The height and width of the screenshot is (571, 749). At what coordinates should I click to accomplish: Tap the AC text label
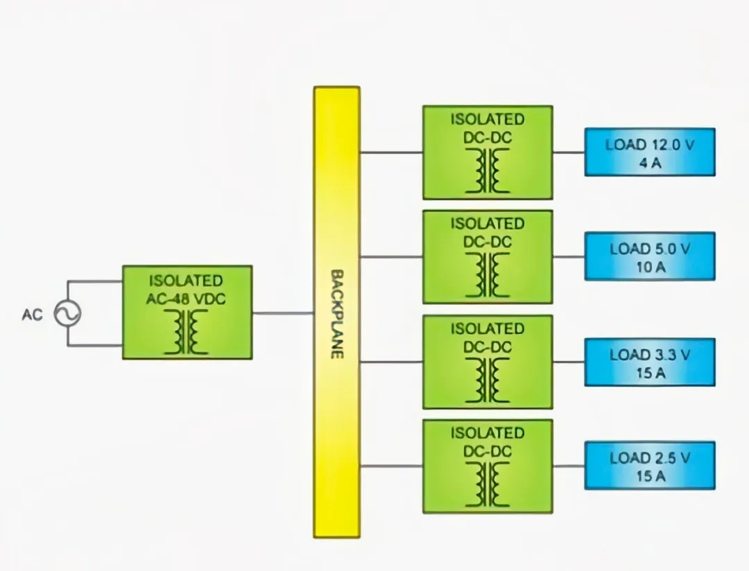coord(32,315)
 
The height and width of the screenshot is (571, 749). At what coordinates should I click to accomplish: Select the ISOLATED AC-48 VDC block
coord(187,312)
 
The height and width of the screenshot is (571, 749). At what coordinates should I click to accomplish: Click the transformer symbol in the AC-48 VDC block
coord(187,332)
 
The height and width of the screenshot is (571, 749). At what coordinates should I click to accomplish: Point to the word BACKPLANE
coord(337,313)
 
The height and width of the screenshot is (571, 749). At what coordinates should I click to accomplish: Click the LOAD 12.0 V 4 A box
coord(649,152)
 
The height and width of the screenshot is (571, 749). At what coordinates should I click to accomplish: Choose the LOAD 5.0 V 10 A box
coord(649,256)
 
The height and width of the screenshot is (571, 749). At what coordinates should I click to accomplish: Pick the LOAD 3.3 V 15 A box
coord(649,362)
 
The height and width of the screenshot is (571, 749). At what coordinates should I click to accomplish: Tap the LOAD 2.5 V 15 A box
coord(649,465)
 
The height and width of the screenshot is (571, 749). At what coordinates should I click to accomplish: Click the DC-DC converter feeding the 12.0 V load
coord(488,152)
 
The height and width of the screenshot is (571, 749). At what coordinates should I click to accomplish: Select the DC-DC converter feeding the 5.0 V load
coord(488,257)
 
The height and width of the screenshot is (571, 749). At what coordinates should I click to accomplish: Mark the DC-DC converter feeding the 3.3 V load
coord(488,362)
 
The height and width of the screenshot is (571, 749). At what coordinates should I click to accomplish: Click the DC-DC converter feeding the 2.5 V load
coord(488,466)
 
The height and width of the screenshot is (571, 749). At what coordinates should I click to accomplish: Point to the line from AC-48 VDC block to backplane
coord(283,313)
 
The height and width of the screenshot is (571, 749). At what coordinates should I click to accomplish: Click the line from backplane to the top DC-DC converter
coord(391,152)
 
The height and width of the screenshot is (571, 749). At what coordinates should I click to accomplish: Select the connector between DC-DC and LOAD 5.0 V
coord(569,256)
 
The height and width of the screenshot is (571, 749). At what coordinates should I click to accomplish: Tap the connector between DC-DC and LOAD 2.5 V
coord(569,466)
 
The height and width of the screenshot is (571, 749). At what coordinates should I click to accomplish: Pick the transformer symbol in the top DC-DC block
coord(488,171)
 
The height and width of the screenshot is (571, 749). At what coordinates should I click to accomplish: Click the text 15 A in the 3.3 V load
coord(650,373)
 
